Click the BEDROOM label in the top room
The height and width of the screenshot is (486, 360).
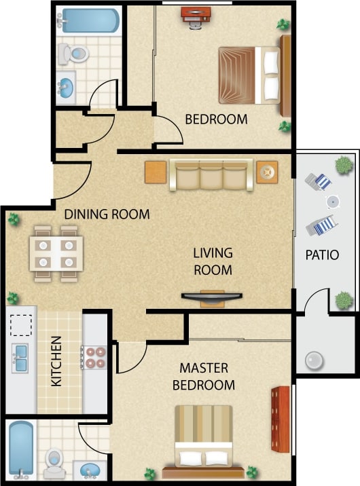216,119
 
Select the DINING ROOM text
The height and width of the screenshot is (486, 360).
107,214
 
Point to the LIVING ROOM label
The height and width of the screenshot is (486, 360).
213,261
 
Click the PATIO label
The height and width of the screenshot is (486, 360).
323,255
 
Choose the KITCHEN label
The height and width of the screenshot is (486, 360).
56,361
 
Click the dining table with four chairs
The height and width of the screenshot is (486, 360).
59,253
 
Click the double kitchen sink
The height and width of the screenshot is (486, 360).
20,355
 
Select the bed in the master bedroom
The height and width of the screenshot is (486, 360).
204,439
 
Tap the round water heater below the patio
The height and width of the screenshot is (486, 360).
314,360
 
